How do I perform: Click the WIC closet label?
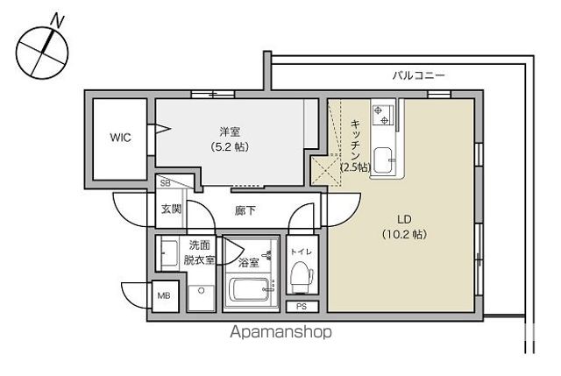point(120,138)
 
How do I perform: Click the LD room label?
point(403,219)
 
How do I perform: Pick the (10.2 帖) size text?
point(404,234)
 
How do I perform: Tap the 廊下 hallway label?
point(245,210)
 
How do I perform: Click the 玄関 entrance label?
point(171,209)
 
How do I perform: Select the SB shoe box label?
point(164,183)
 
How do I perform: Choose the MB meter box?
point(164,295)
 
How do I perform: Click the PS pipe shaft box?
point(301,306)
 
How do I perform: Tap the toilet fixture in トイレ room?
point(300,275)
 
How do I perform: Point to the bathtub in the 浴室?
point(250,288)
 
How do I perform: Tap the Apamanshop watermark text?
point(280,333)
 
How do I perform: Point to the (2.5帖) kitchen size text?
point(355,166)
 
